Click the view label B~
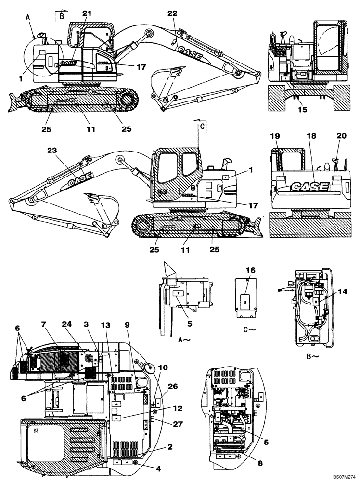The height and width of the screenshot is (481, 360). [x=314, y=357]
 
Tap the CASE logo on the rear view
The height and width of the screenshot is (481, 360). [x=308, y=186]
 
